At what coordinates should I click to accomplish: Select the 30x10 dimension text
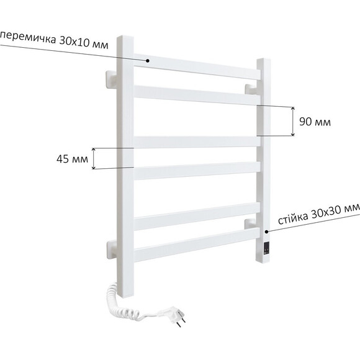[74, 42]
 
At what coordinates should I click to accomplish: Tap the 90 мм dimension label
[315, 122]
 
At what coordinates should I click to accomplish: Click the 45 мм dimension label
[72, 159]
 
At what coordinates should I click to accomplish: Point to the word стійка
[293, 217]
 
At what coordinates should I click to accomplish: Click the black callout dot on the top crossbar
[148, 61]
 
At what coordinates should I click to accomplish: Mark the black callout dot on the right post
[266, 232]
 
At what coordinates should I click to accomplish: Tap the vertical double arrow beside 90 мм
[293, 122]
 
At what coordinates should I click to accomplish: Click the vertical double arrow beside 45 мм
[94, 159]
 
